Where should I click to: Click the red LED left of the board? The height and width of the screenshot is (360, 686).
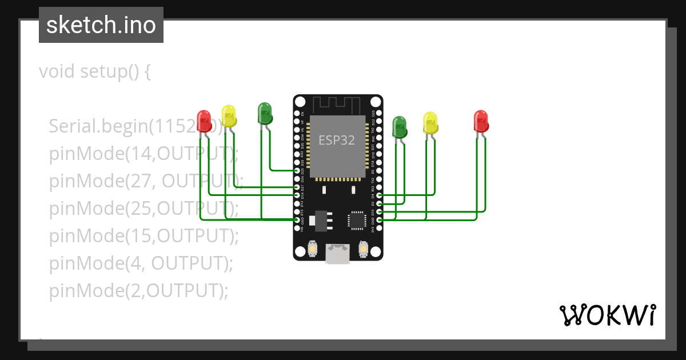pyautogui.click(x=204, y=121)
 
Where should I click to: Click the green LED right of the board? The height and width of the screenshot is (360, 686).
pyautogui.click(x=399, y=126)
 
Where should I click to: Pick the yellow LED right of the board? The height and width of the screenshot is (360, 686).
pyautogui.click(x=430, y=123)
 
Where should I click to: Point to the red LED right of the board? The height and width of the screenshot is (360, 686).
pyautogui.click(x=481, y=121)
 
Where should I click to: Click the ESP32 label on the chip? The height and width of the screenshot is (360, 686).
pyautogui.click(x=337, y=139)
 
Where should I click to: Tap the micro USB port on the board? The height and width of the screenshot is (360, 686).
pyautogui.click(x=337, y=254)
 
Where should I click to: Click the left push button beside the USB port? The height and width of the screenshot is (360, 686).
pyautogui.click(x=313, y=249)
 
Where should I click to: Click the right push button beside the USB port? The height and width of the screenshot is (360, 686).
pyautogui.click(x=362, y=249)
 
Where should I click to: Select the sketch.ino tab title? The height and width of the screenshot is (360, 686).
pyautogui.click(x=101, y=25)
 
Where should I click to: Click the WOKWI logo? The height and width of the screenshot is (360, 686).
pyautogui.click(x=607, y=315)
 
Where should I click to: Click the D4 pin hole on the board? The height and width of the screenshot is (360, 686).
pyautogui.click(x=379, y=195)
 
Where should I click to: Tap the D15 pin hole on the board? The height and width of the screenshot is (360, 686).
pyautogui.click(x=379, y=211)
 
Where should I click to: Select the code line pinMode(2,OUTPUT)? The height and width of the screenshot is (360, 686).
pyautogui.click(x=138, y=291)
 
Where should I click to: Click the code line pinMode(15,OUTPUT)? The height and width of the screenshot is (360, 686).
pyautogui.click(x=143, y=235)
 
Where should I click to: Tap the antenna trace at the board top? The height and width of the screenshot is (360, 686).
pyautogui.click(x=337, y=104)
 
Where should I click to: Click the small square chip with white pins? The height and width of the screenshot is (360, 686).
pyautogui.click(x=357, y=220)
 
